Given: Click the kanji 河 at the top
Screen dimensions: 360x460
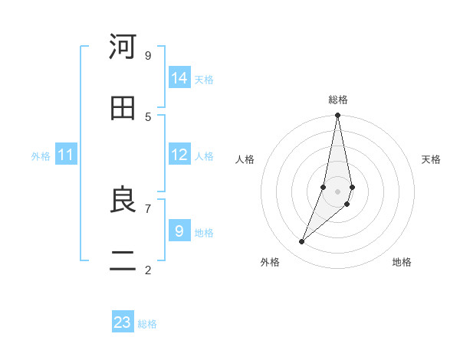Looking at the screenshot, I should click(x=123, y=47).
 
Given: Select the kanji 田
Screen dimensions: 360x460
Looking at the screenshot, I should click(x=123, y=109).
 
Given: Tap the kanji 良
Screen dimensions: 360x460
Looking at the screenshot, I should click(x=123, y=201).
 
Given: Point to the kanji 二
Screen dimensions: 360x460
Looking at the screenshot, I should click(x=123, y=262).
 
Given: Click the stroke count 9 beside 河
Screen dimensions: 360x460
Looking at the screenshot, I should click(x=148, y=55).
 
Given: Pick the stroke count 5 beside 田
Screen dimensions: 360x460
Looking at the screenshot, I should click(x=148, y=116).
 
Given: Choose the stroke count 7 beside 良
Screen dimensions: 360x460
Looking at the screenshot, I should click(x=148, y=208).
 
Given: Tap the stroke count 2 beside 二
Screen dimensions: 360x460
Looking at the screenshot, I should click(x=148, y=270).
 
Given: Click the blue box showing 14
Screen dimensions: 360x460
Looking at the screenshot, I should click(x=179, y=78).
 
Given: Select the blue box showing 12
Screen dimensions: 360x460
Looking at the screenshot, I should click(x=179, y=155).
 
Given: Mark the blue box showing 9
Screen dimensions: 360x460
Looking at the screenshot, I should click(x=179, y=231).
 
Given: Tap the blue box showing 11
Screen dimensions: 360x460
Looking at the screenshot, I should click(x=66, y=155).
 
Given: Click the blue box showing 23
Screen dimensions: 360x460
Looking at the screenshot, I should click(x=123, y=322).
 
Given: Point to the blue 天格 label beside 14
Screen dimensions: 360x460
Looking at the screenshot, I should click(x=204, y=80).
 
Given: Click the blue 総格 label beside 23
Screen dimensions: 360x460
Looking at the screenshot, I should click(x=147, y=324).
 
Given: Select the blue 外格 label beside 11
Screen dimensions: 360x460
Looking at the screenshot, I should click(x=41, y=156).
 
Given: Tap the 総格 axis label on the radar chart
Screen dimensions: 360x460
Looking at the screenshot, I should click(x=338, y=100).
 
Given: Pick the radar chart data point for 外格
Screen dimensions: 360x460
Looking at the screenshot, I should click(x=302, y=242).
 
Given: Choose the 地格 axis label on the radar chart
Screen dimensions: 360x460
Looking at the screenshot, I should click(x=402, y=262).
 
